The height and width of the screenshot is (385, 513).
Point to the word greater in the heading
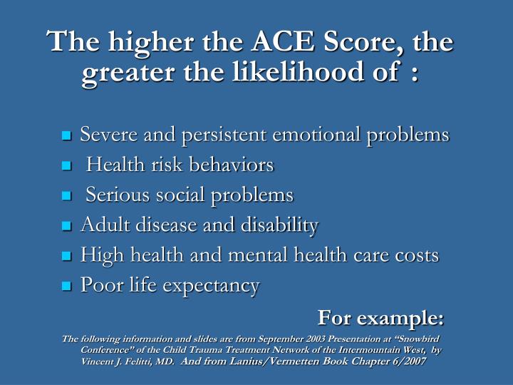118,73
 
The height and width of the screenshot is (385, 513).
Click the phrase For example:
380,316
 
